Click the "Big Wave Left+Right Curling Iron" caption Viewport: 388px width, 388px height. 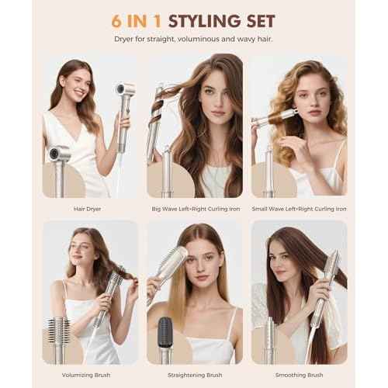click(195, 208)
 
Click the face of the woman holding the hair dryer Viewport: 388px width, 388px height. click(78, 81)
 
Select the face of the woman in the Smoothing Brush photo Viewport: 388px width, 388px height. click(288, 256)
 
